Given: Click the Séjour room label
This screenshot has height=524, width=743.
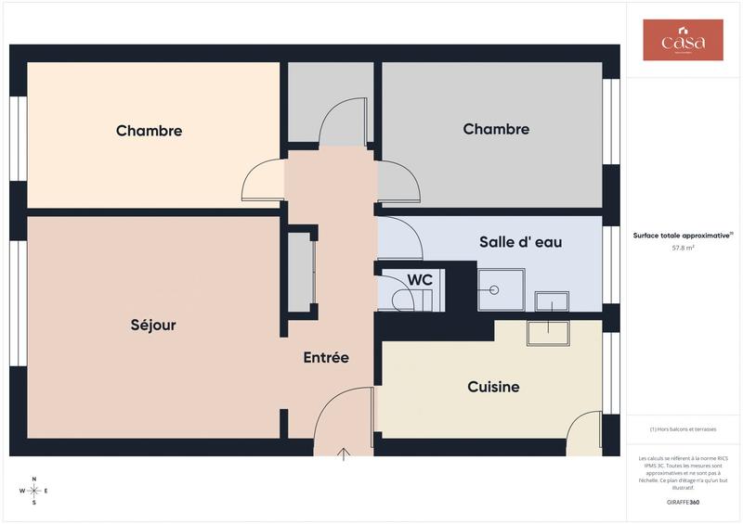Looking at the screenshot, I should pyautogui.click(x=153, y=326).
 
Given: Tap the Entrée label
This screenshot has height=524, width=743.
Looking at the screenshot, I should pyautogui.click(x=326, y=357).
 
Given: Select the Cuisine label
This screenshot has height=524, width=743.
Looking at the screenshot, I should pyautogui.click(x=493, y=387).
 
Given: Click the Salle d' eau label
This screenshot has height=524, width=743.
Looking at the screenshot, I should pyautogui.click(x=520, y=242).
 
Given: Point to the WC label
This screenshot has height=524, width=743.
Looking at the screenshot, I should pyautogui.click(x=420, y=279).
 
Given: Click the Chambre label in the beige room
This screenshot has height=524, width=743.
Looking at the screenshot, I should pyautogui.click(x=149, y=131).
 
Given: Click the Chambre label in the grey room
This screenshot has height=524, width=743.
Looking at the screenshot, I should pyautogui.click(x=496, y=129).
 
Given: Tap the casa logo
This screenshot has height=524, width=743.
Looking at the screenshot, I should pyautogui.click(x=683, y=41).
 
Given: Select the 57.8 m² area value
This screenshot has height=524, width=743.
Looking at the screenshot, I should pyautogui.click(x=683, y=249).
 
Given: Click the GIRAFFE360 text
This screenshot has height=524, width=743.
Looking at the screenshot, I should pyautogui.click(x=683, y=502).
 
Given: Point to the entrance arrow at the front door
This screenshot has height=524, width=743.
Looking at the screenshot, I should pyautogui.click(x=344, y=454).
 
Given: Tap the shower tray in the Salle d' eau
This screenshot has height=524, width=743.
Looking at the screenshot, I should pyautogui.click(x=501, y=289).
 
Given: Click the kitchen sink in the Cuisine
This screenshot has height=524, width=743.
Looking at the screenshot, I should pyautogui.click(x=548, y=332).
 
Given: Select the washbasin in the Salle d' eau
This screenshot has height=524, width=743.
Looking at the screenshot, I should pyautogui.click(x=552, y=301).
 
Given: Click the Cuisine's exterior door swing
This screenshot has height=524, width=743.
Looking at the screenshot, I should pyautogui.click(x=585, y=432).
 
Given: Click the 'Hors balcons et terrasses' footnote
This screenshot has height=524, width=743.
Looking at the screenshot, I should pyautogui.click(x=683, y=428).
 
